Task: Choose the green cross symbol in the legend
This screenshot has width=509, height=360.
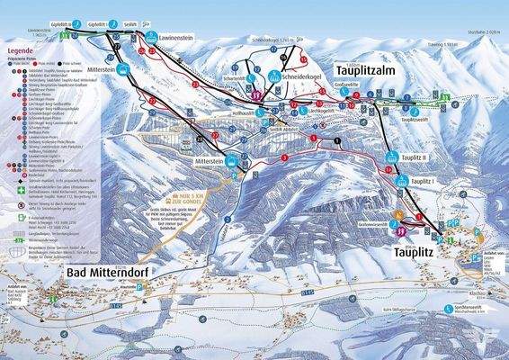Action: tap(7, 190)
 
